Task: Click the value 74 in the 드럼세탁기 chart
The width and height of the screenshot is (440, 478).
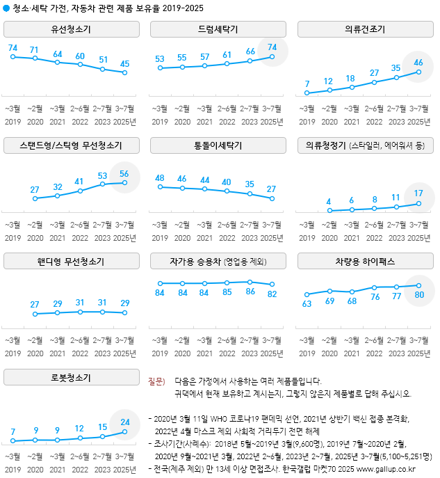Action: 272,47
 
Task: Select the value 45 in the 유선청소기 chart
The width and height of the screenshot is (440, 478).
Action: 124,64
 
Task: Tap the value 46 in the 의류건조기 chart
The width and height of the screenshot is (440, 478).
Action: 419,63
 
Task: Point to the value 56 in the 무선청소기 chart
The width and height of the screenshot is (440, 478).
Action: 124,174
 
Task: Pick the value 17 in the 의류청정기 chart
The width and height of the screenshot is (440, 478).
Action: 419,194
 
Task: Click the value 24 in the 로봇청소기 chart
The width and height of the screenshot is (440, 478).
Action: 124,422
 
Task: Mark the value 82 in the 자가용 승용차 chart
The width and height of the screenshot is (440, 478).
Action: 272,293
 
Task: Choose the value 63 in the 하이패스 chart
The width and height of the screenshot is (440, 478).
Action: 307,304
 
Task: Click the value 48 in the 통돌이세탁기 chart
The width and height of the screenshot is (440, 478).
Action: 160,177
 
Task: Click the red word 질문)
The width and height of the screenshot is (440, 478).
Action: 156,382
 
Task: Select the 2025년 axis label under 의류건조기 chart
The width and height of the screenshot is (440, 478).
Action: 418,122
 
